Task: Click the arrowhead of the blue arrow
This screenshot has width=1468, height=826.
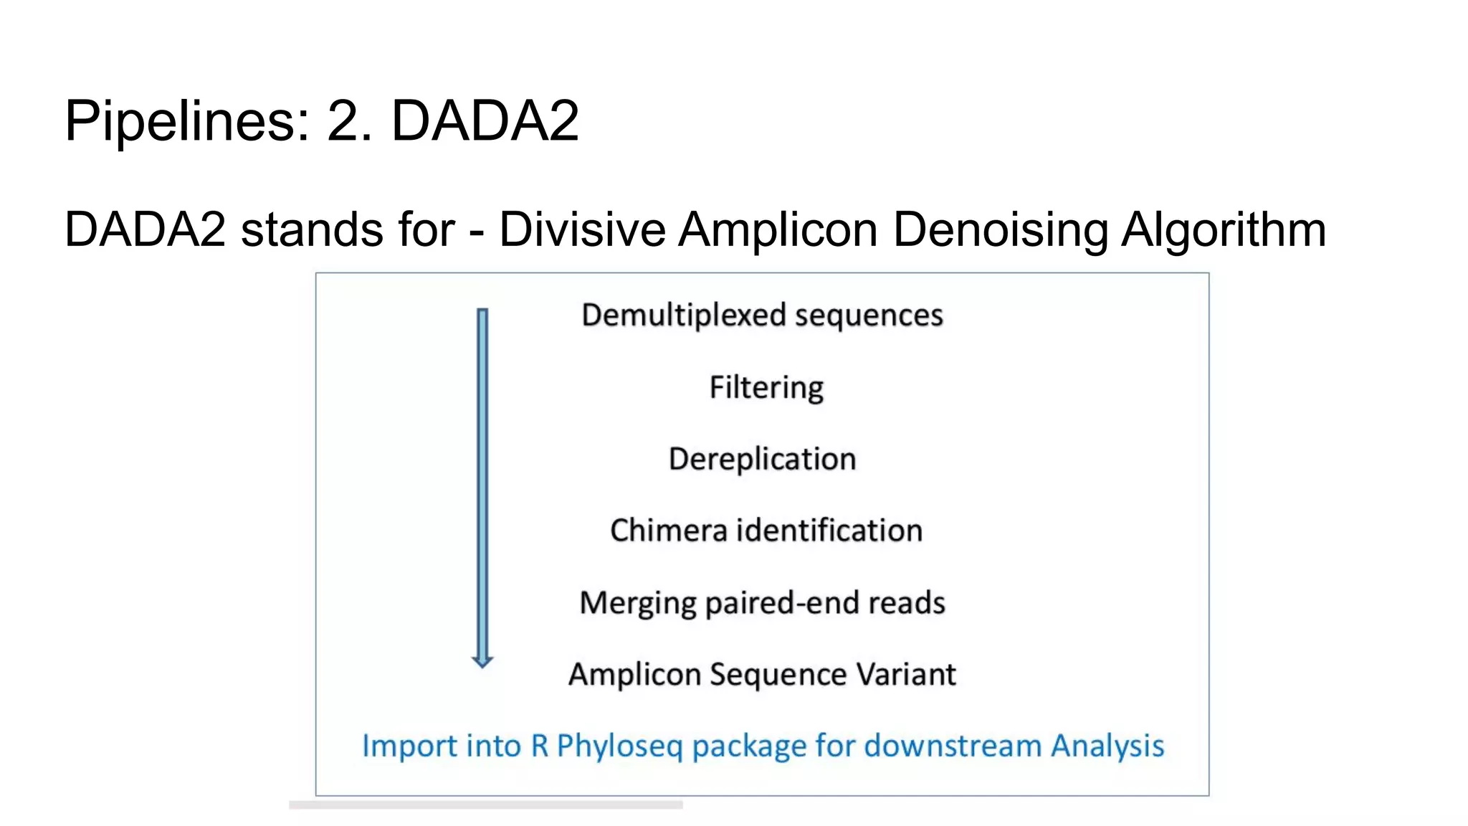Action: [482, 661]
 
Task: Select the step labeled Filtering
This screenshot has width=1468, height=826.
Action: [766, 387]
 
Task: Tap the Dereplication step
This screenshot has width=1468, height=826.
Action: [762, 459]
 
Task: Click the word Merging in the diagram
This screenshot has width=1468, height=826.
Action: [637, 603]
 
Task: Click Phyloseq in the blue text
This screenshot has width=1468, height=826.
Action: [619, 746]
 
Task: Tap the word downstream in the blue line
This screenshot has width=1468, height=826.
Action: [952, 746]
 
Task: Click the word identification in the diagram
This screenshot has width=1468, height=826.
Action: [829, 531]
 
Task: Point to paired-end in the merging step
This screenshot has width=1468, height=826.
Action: [781, 603]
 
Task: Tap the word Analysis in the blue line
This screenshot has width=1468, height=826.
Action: [1107, 746]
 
